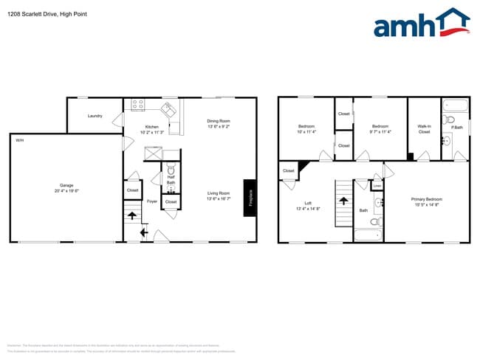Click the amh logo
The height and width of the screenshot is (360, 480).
[421, 24]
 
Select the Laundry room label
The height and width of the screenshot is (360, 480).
[95, 116]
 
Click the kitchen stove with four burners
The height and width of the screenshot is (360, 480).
[138, 105]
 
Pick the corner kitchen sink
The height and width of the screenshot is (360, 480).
[169, 110]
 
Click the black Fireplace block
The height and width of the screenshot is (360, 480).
[250, 198]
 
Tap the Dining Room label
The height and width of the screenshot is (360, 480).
[219, 122]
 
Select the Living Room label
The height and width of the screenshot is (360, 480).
[219, 195]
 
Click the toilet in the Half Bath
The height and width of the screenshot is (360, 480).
[171, 167]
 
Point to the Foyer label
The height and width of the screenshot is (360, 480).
[151, 201]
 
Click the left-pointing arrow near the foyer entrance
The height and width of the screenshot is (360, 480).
[143, 234]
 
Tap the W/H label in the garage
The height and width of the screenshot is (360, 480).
[18, 138]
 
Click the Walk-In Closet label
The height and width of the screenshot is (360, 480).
[424, 129]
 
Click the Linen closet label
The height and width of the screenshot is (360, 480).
[377, 185]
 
